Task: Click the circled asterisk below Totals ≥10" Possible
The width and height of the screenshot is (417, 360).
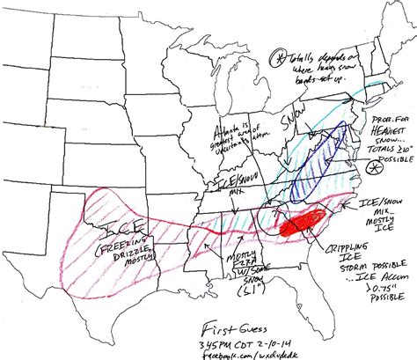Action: [x=373, y=166]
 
